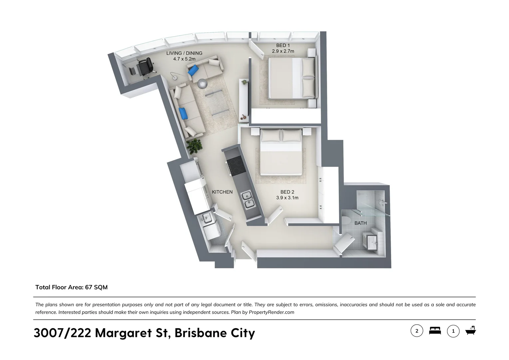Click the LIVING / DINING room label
pos(184,53)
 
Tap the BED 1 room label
pos(283,45)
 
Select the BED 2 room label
pos(287,192)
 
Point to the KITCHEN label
pos(222,192)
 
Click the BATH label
pos(360,223)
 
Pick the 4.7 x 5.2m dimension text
pos(184,59)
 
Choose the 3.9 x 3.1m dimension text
pos(287,198)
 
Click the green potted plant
pos(194,146)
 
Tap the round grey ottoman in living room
pos(202,84)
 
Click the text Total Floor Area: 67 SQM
pos(71,287)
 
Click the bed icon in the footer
pos(435,331)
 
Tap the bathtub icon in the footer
pos(470,331)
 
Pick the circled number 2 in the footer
pos(417,331)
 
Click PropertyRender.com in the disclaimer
pos(271,312)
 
